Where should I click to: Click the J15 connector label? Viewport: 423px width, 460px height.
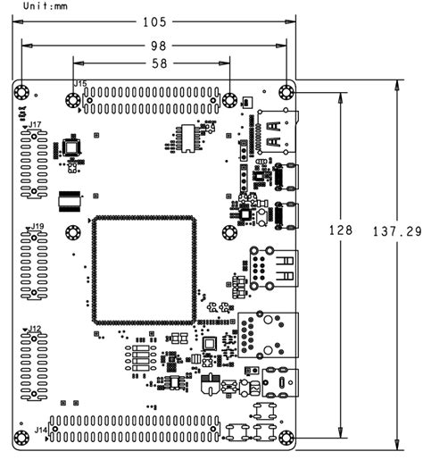(x=79, y=85)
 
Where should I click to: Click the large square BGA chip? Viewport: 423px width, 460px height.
(x=143, y=268)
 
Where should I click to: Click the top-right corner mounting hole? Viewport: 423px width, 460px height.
(x=286, y=92)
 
